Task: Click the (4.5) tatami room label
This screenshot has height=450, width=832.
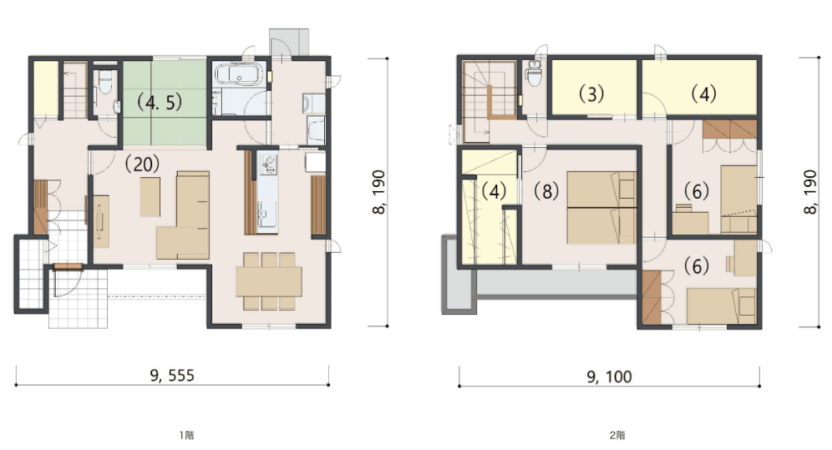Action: (x=160, y=102)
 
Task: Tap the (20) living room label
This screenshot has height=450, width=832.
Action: (x=142, y=164)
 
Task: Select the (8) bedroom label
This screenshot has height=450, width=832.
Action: (x=546, y=191)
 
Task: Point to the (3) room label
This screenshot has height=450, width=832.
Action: (x=591, y=94)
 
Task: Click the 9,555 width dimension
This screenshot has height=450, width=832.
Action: (x=172, y=376)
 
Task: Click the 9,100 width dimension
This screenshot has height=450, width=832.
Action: (x=609, y=377)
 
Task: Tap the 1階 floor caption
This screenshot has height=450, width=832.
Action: (x=186, y=435)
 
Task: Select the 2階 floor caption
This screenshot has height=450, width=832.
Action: (x=617, y=435)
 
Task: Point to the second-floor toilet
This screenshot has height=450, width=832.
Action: (x=533, y=73)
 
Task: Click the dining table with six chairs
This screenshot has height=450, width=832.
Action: (x=269, y=281)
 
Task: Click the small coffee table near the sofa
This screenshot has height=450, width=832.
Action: (x=150, y=197)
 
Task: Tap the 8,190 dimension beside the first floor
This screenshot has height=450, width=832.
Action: (x=379, y=192)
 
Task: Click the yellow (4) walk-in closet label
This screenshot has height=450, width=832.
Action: (x=494, y=191)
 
